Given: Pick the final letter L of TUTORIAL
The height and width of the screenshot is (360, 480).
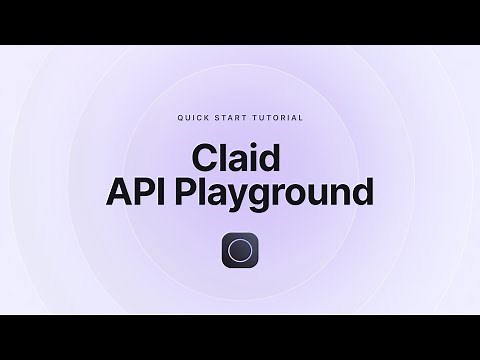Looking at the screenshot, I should pos(301,117).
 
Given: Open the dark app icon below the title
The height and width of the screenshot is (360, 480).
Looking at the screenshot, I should pos(240,252).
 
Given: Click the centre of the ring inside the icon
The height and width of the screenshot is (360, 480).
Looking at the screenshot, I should pos(240,252).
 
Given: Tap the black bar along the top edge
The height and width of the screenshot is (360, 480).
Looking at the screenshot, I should pos(240,22).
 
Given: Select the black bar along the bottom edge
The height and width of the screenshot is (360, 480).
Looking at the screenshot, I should pos(240,337).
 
